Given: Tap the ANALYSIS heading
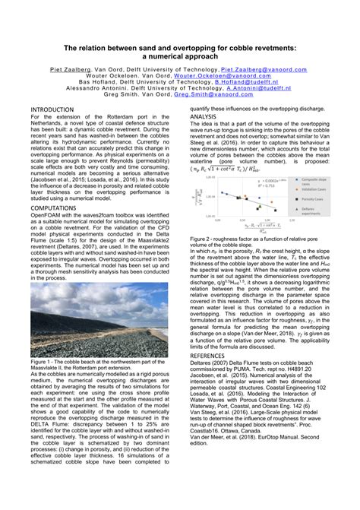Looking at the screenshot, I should tap(208, 116).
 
